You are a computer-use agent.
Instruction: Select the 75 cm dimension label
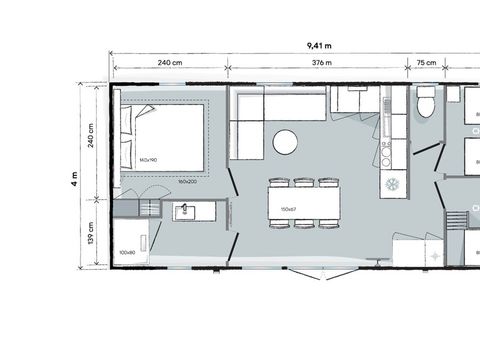click(x=427, y=63)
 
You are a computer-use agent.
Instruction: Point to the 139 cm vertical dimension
click(x=91, y=231)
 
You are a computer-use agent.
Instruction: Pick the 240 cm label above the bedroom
click(x=170, y=63)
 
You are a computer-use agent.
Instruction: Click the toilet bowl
click(x=426, y=103)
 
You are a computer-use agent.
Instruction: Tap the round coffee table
click(x=286, y=142)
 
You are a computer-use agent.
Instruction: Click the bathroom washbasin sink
click(x=185, y=210)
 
